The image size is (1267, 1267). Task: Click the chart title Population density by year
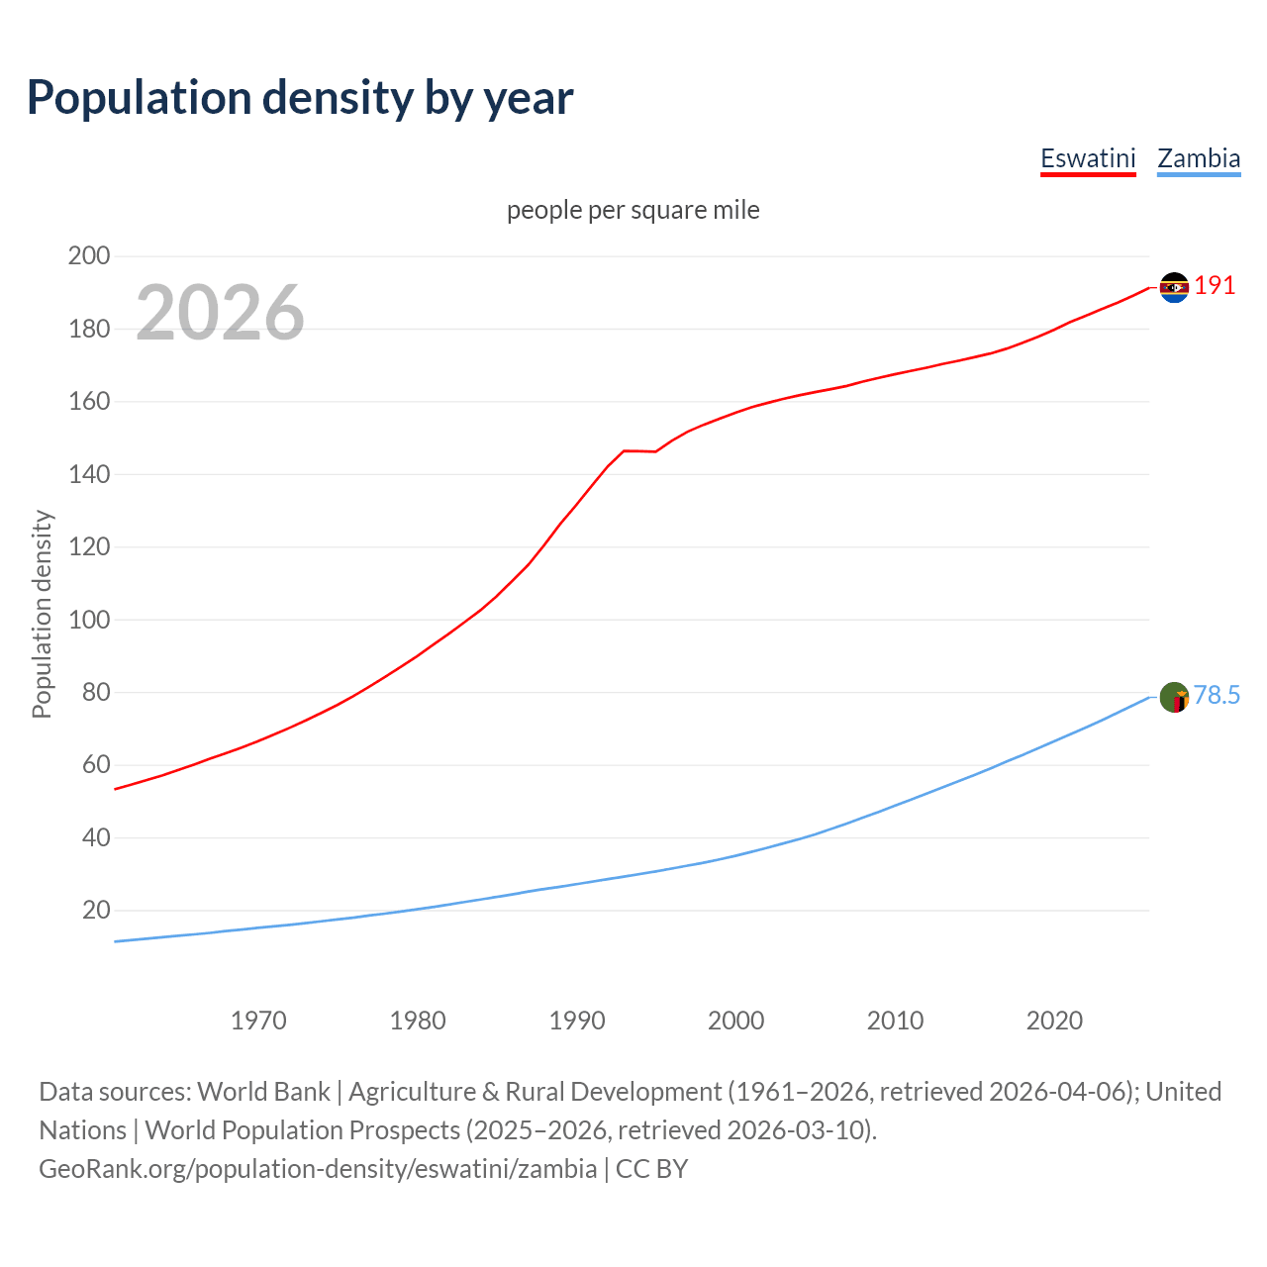[300, 98]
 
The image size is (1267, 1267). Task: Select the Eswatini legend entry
[1088, 158]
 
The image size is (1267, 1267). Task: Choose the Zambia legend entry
[1199, 158]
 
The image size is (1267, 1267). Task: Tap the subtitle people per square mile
[633, 210]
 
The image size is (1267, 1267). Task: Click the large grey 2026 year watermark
[220, 313]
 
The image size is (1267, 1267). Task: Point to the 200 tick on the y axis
[88, 256]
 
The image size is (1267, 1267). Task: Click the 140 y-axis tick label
[88, 474]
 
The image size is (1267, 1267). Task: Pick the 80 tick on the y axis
[95, 692]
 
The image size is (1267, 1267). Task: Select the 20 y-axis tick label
[95, 910]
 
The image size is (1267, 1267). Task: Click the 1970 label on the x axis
[258, 1021]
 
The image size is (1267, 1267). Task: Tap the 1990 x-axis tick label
[577, 1021]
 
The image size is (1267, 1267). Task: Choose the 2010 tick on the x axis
[895, 1021]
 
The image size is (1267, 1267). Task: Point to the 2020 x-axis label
[1054, 1021]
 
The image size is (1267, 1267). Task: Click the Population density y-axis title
[42, 614]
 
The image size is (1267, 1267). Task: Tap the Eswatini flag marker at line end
[1174, 287]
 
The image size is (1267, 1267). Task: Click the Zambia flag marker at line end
[1174, 698]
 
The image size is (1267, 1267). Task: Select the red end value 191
[1215, 286]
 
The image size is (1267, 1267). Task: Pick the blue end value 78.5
[1217, 696]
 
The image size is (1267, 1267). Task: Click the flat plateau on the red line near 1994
[639, 451]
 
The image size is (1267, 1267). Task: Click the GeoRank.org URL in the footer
[318, 1169]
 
